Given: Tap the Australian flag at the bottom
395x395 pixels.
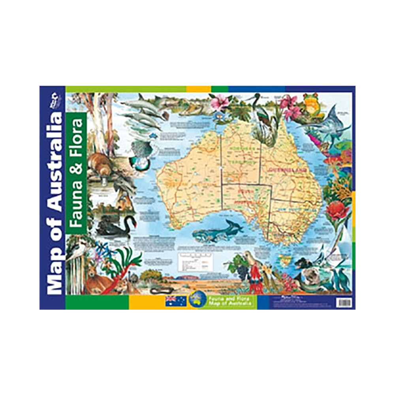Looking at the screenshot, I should click(176, 301).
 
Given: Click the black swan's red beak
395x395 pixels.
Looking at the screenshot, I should click(135, 224).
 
